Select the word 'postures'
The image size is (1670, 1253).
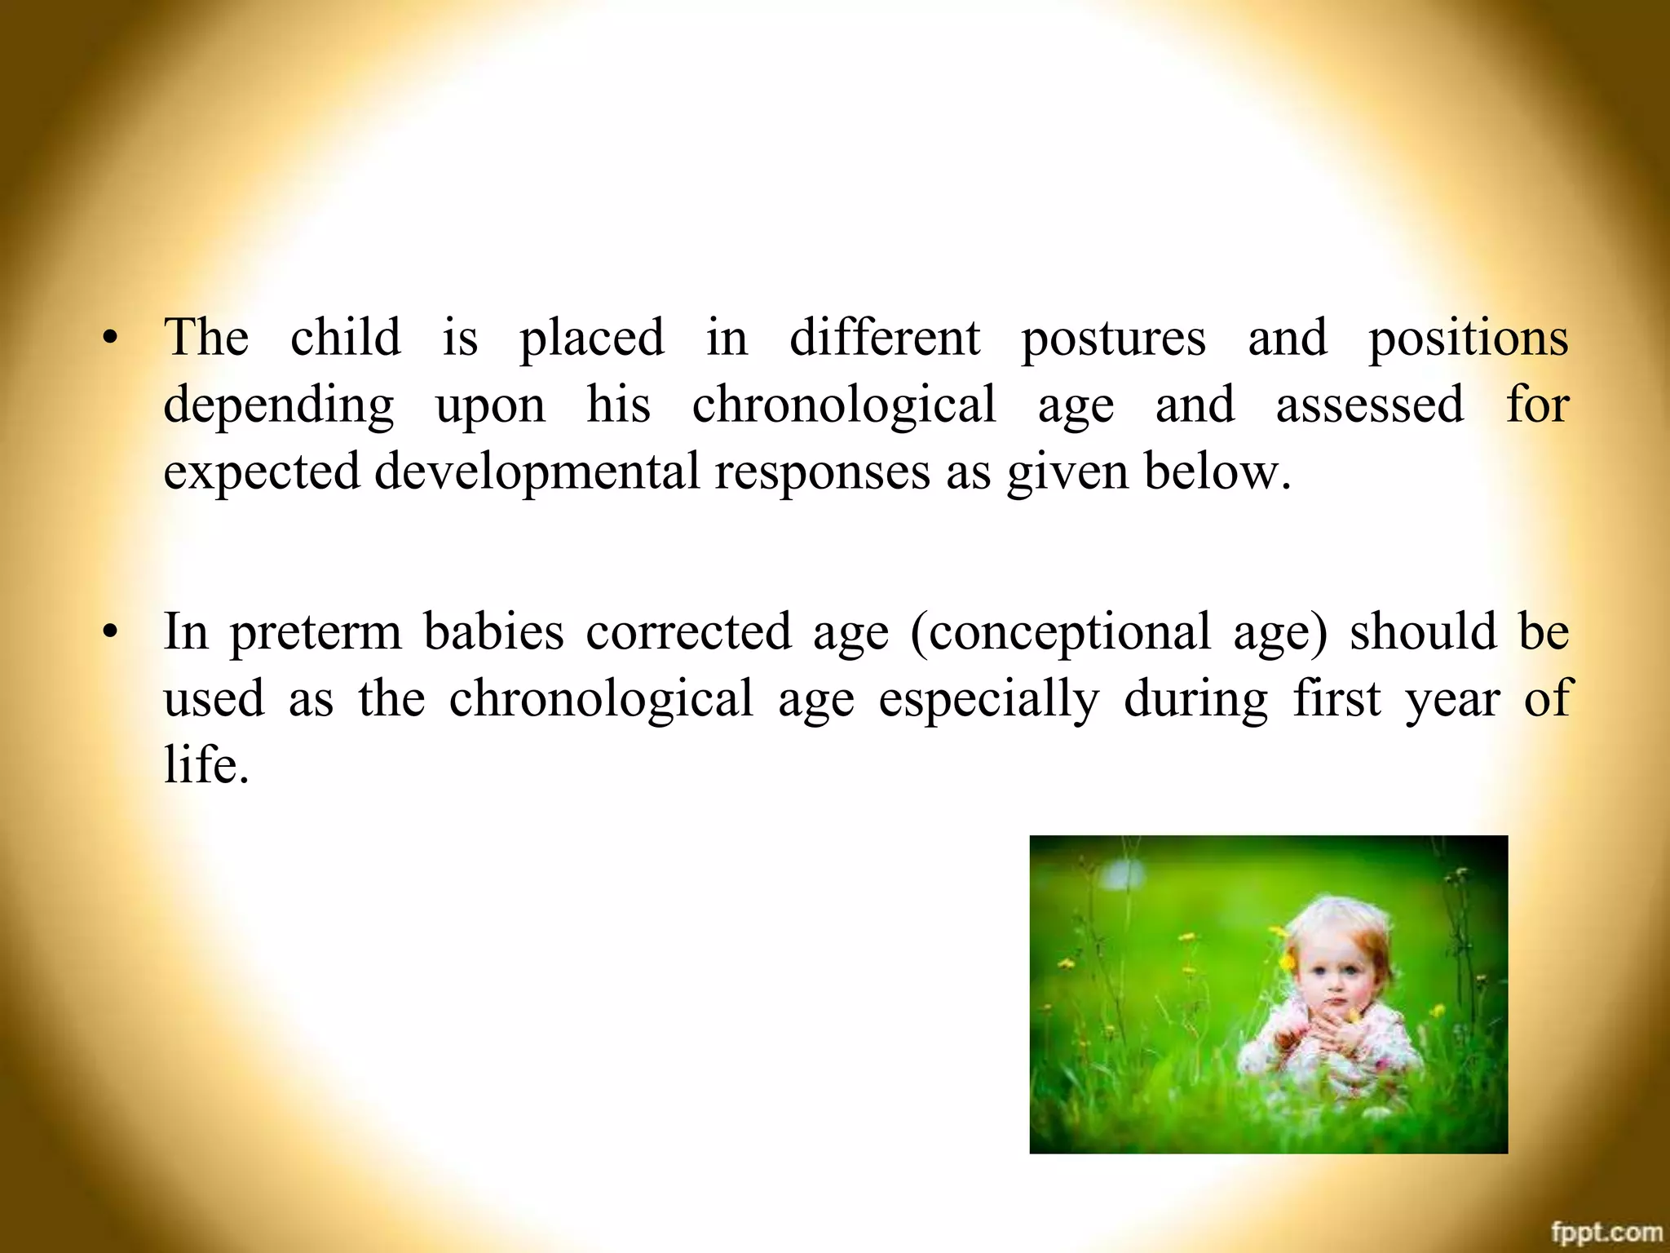click(x=1113, y=339)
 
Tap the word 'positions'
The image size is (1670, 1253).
click(x=1468, y=339)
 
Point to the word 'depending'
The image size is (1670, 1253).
click(x=279, y=405)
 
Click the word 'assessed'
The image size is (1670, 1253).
click(x=1370, y=404)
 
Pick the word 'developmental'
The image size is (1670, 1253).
click(x=537, y=472)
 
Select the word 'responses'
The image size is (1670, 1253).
click(x=822, y=472)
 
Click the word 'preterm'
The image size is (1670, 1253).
click(x=316, y=632)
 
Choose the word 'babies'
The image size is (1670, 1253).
click(x=493, y=631)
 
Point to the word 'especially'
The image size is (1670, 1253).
click(x=989, y=699)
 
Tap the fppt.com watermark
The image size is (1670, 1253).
click(x=1606, y=1232)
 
